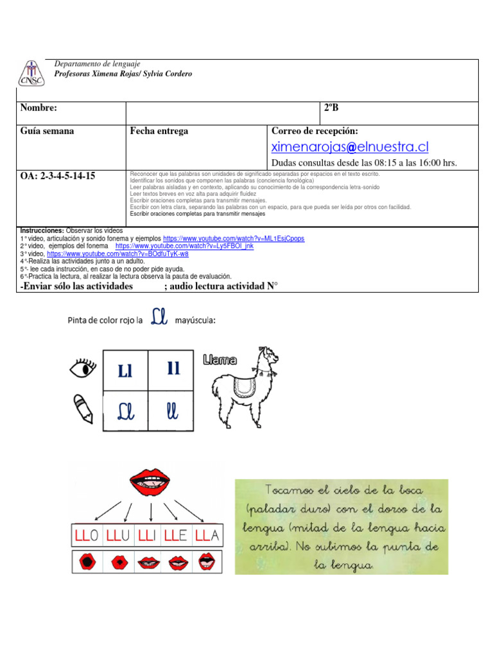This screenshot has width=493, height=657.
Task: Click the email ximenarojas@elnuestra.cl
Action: [x=350, y=147]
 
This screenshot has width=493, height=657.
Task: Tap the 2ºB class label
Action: [x=331, y=108]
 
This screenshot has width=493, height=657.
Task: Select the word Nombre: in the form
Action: [x=39, y=108]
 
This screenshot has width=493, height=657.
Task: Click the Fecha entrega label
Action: [x=159, y=131]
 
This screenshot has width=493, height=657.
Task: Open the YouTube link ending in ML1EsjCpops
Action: [x=234, y=238]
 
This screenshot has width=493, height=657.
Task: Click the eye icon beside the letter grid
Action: [x=82, y=368]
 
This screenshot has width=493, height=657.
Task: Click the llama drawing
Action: [x=244, y=391]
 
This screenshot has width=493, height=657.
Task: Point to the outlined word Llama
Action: [x=220, y=361]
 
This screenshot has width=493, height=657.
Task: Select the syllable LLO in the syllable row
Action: [x=85, y=534]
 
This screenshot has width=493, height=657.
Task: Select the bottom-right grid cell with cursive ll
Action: [x=173, y=408]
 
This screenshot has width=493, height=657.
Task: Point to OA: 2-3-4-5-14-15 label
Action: [x=58, y=175]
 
